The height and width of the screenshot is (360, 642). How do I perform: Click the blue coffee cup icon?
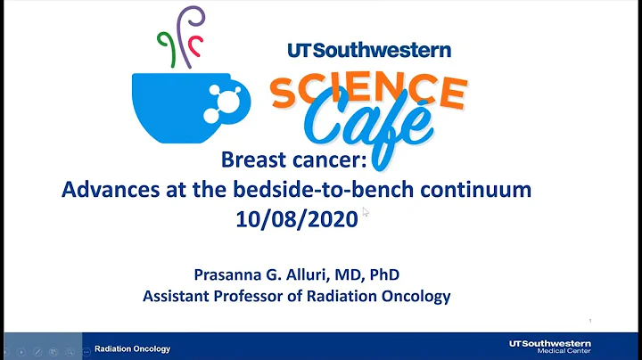(x=178, y=102)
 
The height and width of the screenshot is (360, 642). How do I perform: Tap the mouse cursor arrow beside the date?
(x=366, y=212)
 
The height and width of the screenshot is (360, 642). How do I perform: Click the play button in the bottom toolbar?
(x=23, y=348)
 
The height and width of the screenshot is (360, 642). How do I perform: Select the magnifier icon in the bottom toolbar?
(x=54, y=348)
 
